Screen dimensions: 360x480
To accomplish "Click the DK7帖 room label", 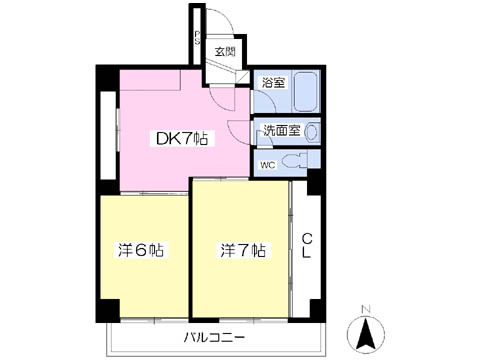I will point(182,138).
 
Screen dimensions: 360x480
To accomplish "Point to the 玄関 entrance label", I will point(224,51).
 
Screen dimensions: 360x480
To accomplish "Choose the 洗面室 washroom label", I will point(277,130).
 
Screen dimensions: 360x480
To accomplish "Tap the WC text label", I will point(267,163).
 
